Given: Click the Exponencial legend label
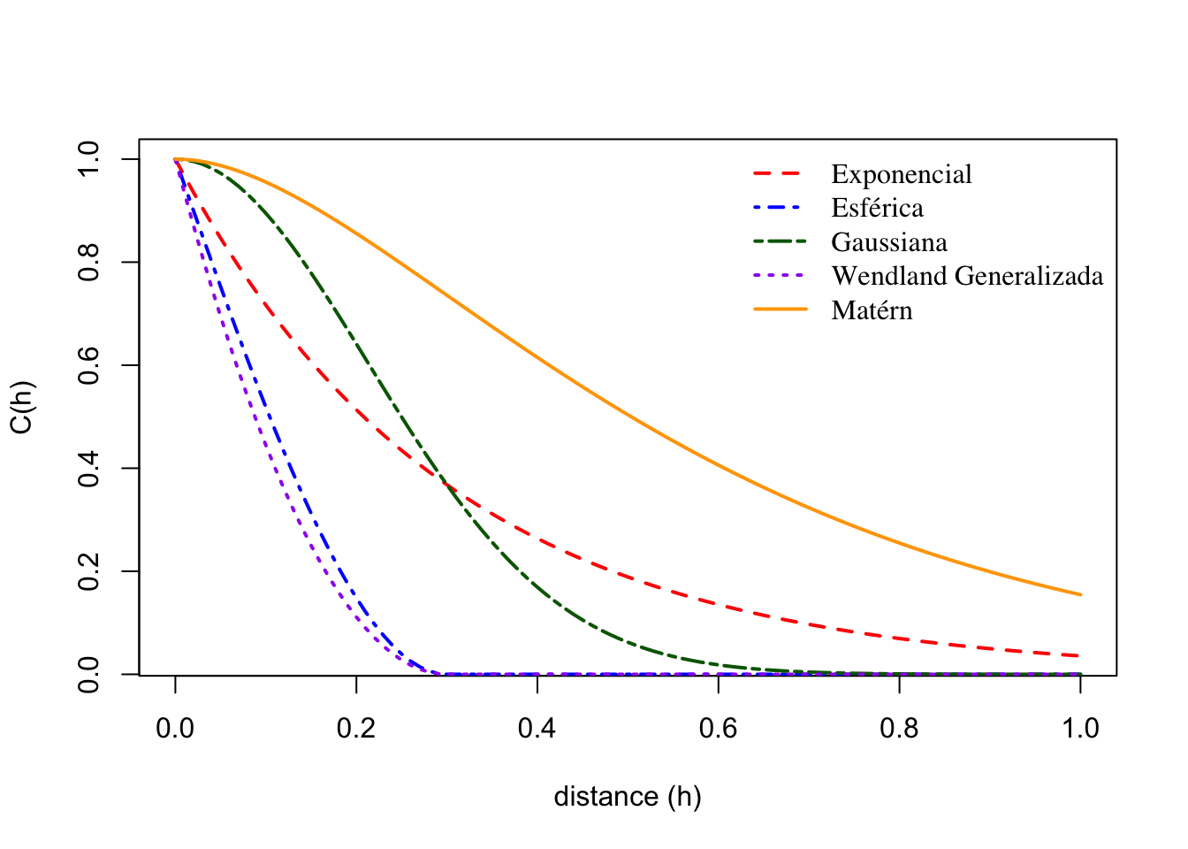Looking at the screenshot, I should tap(901, 174).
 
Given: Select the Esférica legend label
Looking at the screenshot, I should tap(877, 208).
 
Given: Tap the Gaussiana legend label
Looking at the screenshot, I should tap(888, 242).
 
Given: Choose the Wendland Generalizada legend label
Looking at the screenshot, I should tap(967, 276).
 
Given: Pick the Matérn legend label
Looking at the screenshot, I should tap(872, 310).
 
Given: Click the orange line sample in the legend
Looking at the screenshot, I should tap(780, 310).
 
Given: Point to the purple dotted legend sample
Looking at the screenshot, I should tap(780, 276).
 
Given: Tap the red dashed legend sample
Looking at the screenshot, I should tap(780, 174).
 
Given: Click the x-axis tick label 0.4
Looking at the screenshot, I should tap(537, 729).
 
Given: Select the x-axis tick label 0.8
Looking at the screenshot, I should tap(899, 729).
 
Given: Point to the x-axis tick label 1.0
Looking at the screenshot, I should tap(1080, 729).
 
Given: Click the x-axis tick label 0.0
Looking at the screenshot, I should tap(175, 729).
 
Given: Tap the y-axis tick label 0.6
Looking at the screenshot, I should tap(88, 365).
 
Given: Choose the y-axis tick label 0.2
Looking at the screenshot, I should tap(88, 571).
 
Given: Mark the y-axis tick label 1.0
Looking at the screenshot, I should tap(88, 159).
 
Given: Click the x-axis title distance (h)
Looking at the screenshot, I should tap(628, 797).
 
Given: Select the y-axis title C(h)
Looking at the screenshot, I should tap(21, 408).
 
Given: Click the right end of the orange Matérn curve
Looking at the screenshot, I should tap(1079, 594).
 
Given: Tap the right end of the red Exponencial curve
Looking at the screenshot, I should tap(1079, 655).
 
